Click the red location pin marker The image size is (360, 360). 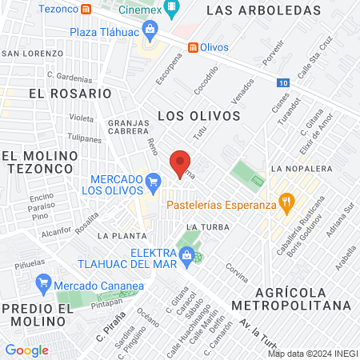click(x=180, y=163)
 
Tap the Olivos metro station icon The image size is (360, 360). click(x=192, y=47)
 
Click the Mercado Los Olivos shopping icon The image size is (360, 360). click(x=153, y=185)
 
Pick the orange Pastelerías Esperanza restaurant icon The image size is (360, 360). click(x=284, y=202)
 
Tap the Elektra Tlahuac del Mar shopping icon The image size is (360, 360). click(x=186, y=255)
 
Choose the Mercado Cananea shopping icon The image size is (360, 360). click(x=43, y=282)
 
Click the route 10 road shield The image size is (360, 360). click(x=286, y=82)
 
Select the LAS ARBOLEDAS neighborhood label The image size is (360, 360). click(x=263, y=10)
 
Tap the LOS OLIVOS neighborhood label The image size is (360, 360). click(x=198, y=115)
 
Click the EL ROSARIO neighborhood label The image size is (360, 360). click(x=70, y=93)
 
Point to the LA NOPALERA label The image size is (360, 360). click(x=300, y=169)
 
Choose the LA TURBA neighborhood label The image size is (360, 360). click(x=207, y=227)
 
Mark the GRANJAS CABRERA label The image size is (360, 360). click(x=128, y=127)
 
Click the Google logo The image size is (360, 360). click(x=27, y=350)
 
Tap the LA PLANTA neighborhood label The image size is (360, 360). click(x=122, y=236)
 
